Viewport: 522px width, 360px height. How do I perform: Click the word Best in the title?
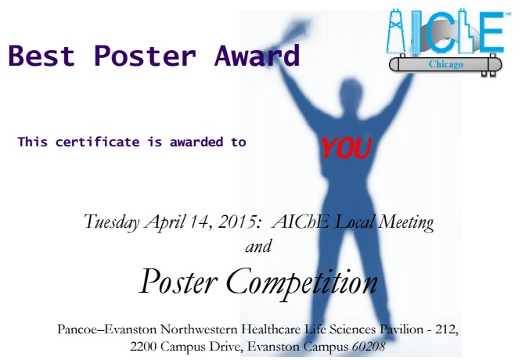pos(41,56)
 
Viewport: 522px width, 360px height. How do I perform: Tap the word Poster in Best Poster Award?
pos(145,56)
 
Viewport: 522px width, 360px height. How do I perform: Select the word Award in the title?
pos(257,56)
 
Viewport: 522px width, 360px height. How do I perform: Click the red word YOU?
pos(346,148)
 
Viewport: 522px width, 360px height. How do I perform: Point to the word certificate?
pos(98,142)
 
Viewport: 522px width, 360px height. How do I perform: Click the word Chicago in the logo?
pos(445,64)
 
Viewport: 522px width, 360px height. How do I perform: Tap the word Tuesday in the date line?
pos(112,221)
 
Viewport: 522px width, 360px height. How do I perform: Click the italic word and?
pos(258,247)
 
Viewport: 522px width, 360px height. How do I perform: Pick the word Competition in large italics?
pos(301,283)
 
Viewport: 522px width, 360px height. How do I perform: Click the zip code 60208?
pos(369,347)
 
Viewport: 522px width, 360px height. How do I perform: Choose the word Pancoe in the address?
pos(78,329)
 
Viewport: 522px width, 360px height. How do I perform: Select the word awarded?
pos(196,142)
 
